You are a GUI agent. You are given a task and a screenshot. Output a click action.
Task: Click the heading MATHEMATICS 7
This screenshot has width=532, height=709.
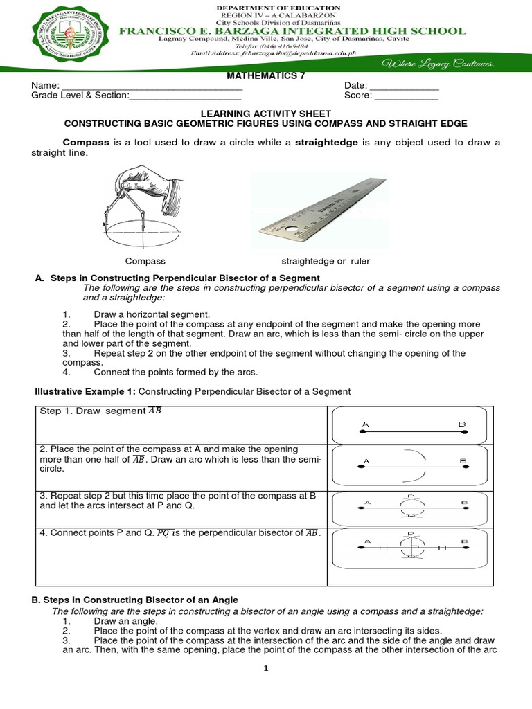[266, 76]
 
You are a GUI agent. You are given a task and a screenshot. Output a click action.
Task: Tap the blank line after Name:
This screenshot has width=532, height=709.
[152, 88]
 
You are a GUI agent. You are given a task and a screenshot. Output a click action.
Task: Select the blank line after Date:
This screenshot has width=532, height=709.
[404, 88]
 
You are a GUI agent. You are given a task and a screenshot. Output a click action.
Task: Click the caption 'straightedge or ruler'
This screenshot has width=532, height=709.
[325, 261]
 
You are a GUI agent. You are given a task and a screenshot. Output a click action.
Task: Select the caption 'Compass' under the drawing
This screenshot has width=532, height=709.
[145, 261]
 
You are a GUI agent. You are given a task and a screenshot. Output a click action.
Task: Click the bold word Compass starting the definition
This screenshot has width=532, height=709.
[86, 142]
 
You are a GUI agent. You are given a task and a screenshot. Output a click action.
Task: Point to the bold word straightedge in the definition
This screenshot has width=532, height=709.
[325, 142]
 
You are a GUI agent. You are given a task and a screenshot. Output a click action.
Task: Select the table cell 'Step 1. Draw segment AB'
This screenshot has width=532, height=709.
[180, 425]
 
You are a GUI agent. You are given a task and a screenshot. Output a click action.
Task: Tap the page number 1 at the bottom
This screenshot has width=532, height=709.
[266, 669]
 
